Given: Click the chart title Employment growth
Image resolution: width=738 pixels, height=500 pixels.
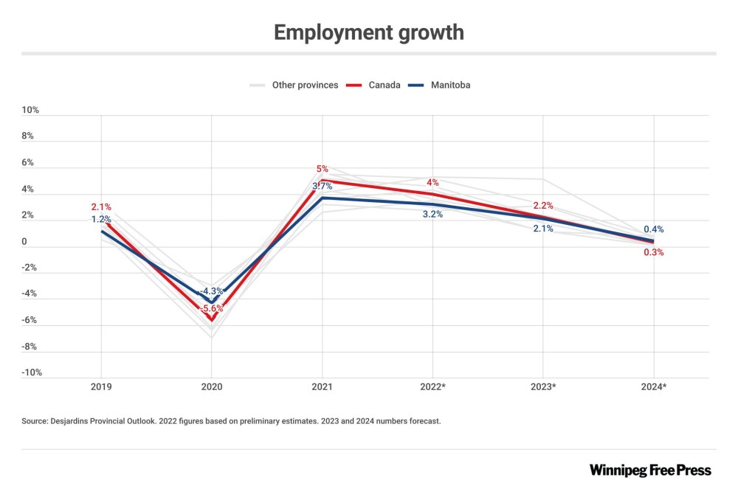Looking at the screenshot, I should point(368,32).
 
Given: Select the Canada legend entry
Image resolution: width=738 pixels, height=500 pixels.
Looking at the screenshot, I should point(384,85).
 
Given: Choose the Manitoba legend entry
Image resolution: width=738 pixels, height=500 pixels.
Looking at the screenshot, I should point(449,85).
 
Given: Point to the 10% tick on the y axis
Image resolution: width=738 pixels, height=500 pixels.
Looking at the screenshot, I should point(30,110).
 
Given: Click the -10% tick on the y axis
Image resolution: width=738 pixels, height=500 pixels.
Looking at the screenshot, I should point(30,372).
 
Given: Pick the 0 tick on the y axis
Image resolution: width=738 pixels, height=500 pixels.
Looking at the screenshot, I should point(24,241).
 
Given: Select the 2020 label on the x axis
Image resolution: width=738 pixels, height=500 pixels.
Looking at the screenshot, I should point(212,386).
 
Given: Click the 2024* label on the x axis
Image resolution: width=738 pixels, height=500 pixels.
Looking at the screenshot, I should point(653,386).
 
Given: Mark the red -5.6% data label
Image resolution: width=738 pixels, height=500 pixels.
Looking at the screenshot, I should point(213,309).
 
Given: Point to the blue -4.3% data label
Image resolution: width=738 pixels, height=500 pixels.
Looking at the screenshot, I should point(212,291).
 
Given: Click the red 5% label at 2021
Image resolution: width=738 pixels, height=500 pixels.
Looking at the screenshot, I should point(323,169).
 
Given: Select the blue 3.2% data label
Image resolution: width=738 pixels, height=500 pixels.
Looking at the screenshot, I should point(432,215).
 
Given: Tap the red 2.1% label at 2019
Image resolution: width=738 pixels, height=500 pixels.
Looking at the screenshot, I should point(102,207).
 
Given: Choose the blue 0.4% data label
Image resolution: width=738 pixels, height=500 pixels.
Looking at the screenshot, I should point(653,229).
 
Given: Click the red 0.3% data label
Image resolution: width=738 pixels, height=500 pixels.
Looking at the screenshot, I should point(653,252).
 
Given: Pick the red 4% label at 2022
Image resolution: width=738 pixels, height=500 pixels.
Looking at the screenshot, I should point(432,182).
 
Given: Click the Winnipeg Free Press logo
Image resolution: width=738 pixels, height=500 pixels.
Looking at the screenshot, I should point(650,470).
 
